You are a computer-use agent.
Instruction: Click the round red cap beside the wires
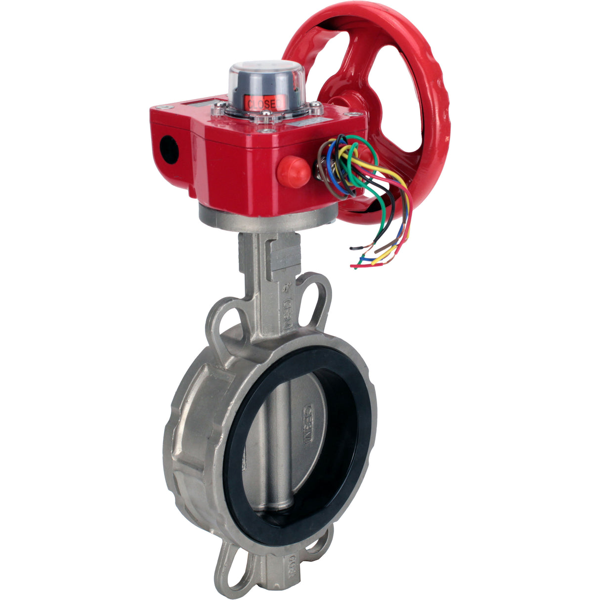(294, 171)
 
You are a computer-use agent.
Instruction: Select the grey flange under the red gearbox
(267, 217)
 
